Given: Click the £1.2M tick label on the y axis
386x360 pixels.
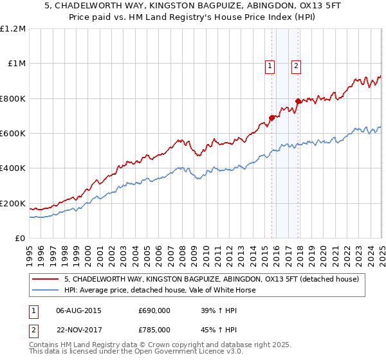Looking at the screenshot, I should pos(13,29).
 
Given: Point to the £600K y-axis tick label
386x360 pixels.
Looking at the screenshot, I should pos(13,134).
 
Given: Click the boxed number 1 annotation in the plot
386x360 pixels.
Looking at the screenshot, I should pos(269,64).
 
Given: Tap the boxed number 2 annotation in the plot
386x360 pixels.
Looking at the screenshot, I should pos(296,64).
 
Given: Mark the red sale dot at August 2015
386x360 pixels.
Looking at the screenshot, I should pos(271,118).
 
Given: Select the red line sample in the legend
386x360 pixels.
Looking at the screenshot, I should pos(46,278).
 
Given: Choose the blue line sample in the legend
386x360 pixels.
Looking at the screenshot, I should pos(46,290).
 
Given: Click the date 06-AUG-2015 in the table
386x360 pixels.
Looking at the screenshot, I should pos(78,310).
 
